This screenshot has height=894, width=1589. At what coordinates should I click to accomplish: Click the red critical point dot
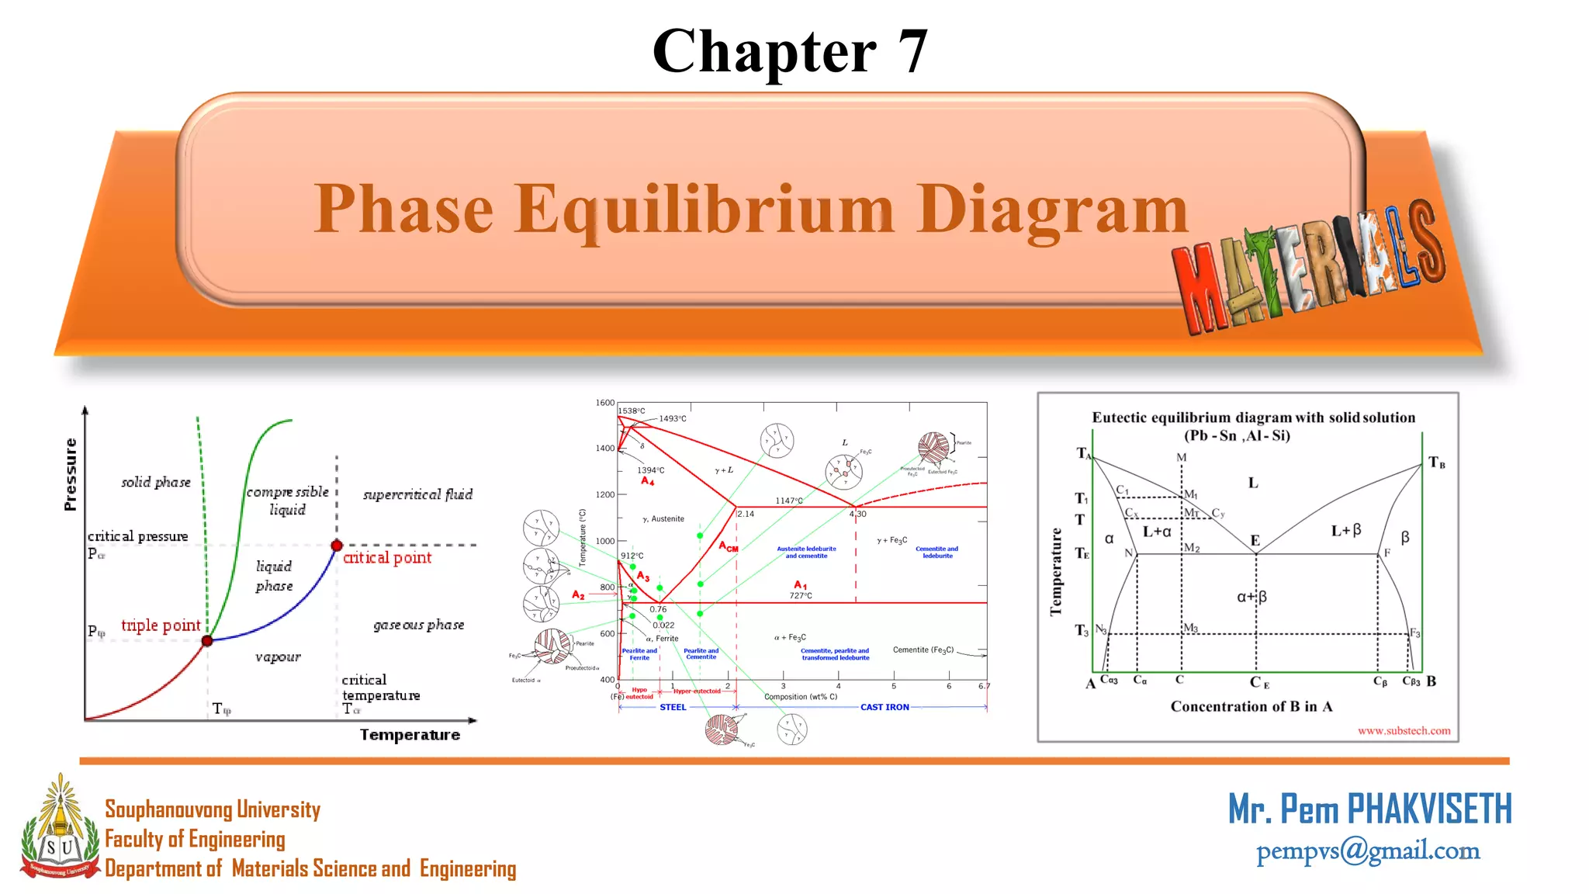tap(337, 545)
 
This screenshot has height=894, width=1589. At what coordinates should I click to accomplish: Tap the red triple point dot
tap(207, 640)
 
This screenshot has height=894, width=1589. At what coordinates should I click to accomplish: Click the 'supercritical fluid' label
tap(417, 494)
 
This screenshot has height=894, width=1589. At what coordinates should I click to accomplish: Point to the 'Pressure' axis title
tap(71, 474)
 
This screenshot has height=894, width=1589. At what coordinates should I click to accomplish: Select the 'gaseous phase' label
tap(419, 625)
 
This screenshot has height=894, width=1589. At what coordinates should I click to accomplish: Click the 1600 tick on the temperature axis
tap(604, 403)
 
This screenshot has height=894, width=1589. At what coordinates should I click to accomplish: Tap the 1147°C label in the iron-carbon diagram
tap(789, 501)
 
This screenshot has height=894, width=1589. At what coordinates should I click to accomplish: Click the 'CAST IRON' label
tap(885, 707)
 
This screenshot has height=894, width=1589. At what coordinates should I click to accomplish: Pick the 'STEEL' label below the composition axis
tap(673, 707)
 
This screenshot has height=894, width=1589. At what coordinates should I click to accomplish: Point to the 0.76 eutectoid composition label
tap(658, 609)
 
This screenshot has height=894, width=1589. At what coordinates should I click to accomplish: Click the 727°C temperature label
tap(801, 595)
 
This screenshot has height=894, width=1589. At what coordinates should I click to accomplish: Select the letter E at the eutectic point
tap(1255, 540)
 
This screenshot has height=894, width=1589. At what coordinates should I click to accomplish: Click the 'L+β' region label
tap(1346, 531)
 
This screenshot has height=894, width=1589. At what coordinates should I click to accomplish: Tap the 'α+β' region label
tap(1251, 597)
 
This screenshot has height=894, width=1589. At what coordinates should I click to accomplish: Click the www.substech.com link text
tap(1404, 730)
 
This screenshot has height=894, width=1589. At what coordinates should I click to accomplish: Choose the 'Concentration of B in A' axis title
tap(1251, 706)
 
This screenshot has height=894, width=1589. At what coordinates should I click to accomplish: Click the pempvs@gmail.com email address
tap(1368, 851)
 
